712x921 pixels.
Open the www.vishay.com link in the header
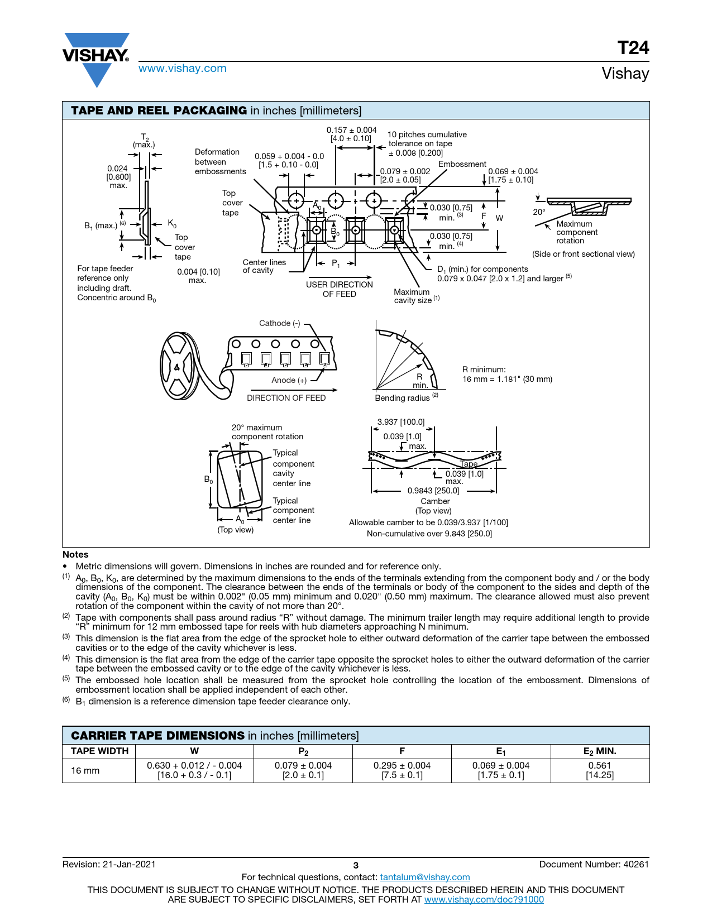(x=183, y=69)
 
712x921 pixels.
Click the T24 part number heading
(x=633, y=48)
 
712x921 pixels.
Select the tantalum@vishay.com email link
(x=425, y=877)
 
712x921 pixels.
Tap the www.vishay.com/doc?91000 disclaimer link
(x=484, y=899)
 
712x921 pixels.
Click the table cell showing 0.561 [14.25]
(x=600, y=770)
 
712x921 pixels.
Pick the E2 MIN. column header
(x=600, y=751)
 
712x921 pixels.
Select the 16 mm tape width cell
(x=85, y=771)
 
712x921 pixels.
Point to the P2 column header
(x=303, y=751)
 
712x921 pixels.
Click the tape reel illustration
(x=180, y=366)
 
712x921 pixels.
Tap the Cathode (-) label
(x=279, y=323)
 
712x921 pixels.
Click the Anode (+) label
(x=289, y=380)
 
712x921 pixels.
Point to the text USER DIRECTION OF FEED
(x=339, y=289)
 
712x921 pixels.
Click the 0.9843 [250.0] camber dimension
(x=433, y=491)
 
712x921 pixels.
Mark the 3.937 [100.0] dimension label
(x=401, y=422)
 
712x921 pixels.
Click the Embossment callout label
(x=462, y=164)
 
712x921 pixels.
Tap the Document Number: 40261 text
(x=594, y=864)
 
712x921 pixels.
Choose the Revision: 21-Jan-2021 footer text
(x=109, y=864)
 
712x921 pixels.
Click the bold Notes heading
(x=75, y=554)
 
